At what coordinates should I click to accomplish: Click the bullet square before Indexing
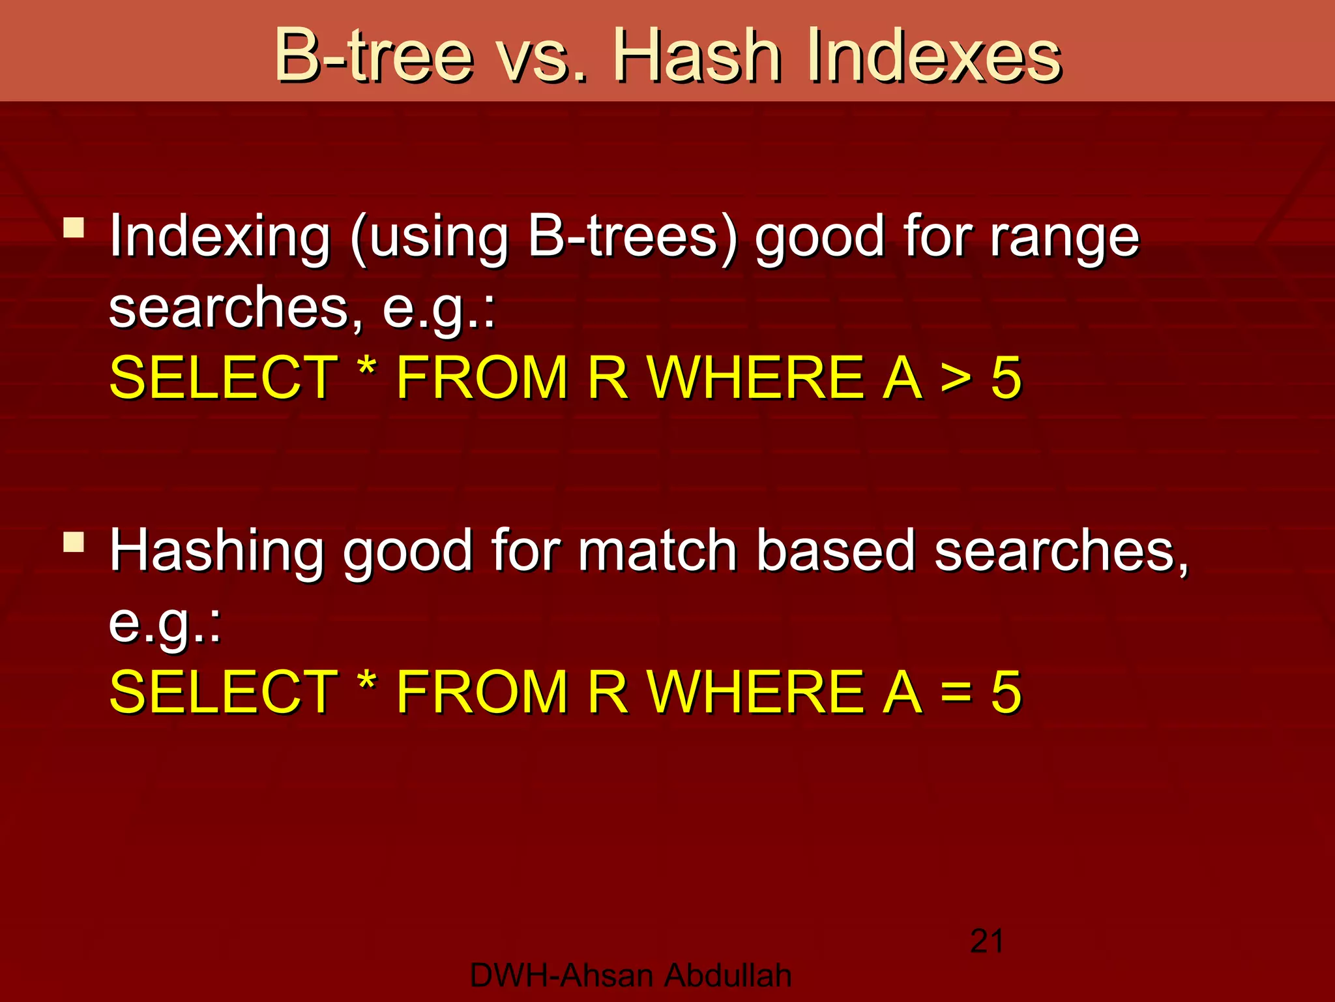[x=74, y=228]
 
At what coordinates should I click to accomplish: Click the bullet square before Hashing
[x=74, y=542]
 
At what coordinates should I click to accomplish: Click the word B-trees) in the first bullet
[x=632, y=236]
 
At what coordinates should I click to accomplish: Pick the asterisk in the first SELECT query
[x=367, y=369]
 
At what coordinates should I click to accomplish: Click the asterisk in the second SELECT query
[x=367, y=682]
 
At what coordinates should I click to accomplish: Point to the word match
[x=658, y=551]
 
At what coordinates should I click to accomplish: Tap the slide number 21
[x=987, y=941]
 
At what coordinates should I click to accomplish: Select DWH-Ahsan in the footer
[x=561, y=976]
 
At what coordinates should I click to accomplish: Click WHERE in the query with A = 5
[x=756, y=692]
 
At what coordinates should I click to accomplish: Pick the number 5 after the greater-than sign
[x=1006, y=378]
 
